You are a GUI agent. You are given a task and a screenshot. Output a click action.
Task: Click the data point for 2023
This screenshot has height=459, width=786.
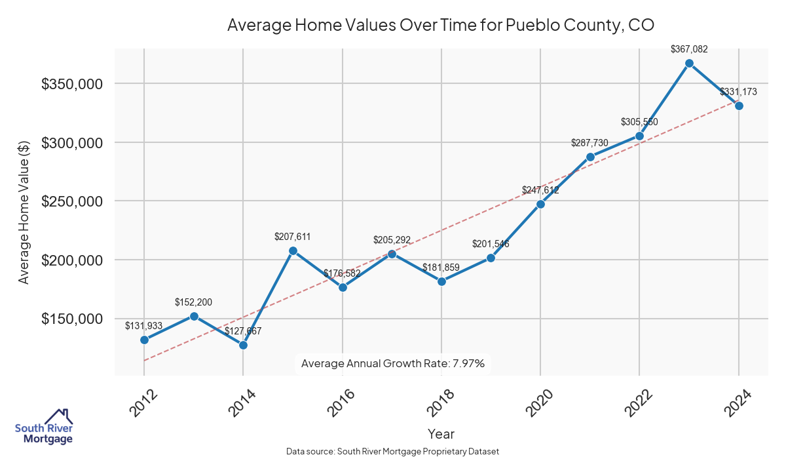[689, 64]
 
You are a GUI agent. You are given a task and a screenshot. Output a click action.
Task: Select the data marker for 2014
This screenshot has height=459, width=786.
[243, 345]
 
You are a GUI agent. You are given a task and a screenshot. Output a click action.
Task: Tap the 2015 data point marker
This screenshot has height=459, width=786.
[293, 250]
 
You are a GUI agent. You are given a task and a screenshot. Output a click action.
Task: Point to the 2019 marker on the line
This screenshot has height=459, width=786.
[491, 258]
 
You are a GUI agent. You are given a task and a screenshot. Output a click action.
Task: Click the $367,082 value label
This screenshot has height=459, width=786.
[689, 49]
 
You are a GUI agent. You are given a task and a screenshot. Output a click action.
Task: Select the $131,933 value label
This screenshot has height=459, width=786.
[143, 325]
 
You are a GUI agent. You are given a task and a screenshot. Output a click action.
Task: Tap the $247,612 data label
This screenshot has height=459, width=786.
[540, 190]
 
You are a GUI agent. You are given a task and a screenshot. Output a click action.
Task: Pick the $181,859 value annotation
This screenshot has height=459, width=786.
[441, 268]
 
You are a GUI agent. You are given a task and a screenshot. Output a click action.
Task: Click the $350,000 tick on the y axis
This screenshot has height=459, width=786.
[71, 84]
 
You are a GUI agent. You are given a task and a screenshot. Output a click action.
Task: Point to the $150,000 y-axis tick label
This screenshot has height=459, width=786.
[71, 319]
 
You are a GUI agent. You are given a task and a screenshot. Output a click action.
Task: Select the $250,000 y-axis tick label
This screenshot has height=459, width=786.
[71, 201]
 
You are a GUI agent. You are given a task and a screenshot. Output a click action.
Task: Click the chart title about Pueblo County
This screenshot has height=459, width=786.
[441, 25]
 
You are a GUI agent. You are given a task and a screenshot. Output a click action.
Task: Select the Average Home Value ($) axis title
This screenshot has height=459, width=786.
[24, 211]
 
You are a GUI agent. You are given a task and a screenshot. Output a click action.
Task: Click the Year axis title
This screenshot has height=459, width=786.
[441, 433]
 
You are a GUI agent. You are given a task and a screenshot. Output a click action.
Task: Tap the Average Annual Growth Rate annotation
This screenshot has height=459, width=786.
[393, 363]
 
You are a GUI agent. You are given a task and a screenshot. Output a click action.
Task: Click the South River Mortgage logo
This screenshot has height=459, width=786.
[44, 427]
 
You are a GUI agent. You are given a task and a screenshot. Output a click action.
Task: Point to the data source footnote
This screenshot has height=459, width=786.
[393, 452]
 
